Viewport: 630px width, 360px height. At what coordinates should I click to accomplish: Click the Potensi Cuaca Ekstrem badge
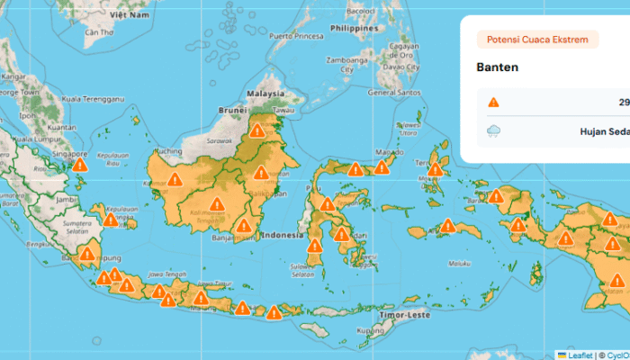pyautogui.click(x=537, y=40)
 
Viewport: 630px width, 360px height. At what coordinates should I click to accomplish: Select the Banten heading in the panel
pyautogui.click(x=498, y=68)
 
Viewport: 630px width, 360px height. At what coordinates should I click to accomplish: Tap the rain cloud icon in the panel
pyautogui.click(x=493, y=131)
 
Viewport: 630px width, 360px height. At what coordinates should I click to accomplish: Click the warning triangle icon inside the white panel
pyautogui.click(x=493, y=103)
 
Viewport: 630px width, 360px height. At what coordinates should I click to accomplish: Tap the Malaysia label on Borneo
pyautogui.click(x=266, y=93)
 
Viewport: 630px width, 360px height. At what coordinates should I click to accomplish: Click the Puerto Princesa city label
pyautogui.click(x=294, y=36)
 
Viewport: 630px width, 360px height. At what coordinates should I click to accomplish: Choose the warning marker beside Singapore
pyautogui.click(x=80, y=164)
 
